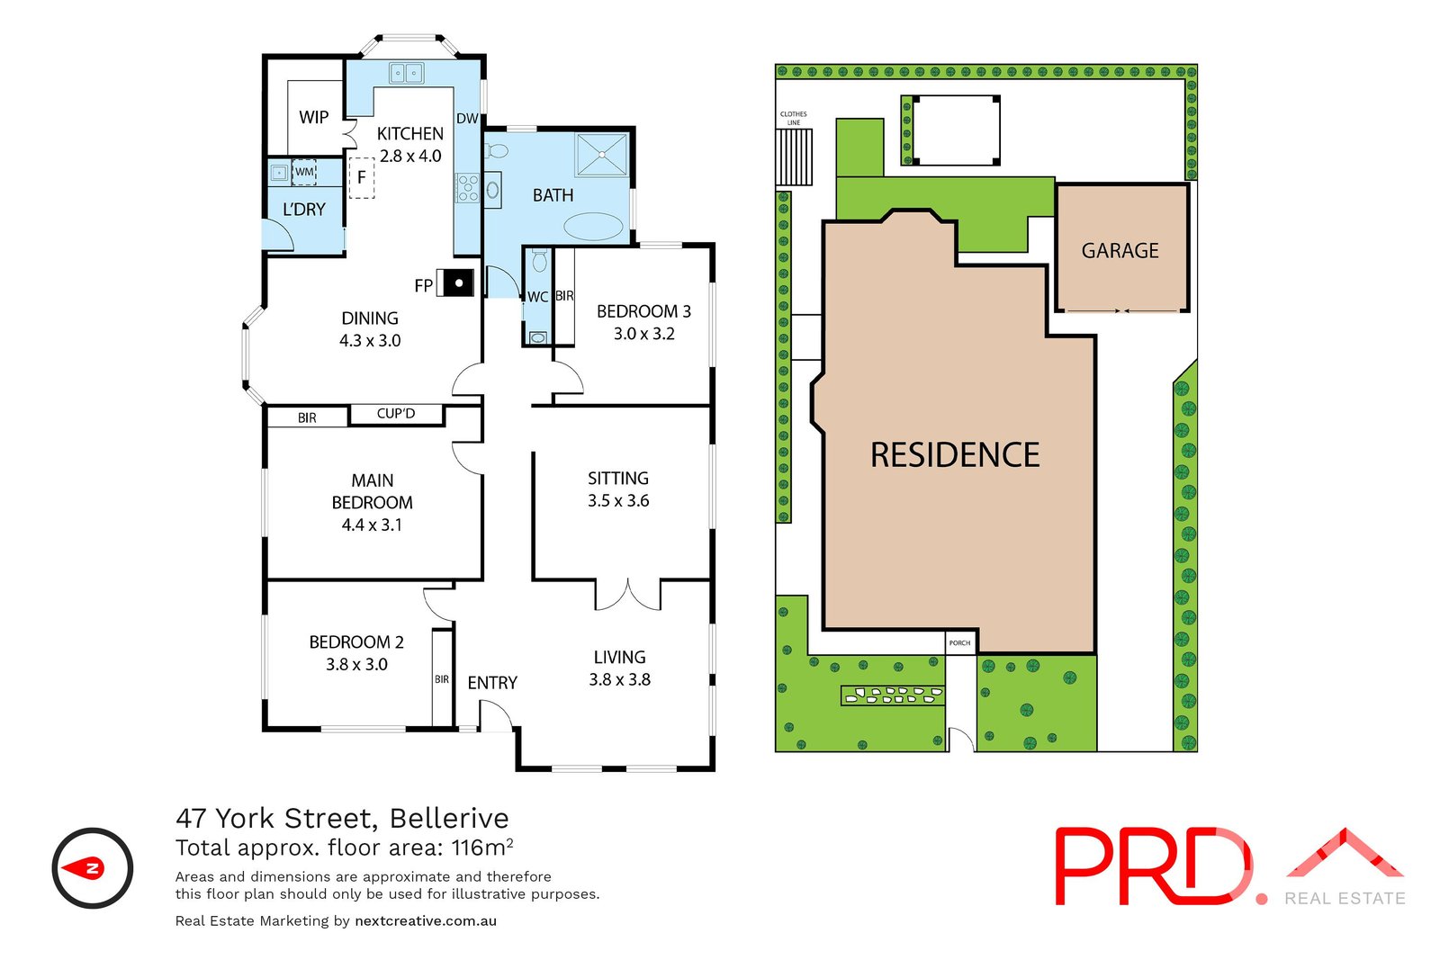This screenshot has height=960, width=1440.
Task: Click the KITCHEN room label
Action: point(409,133)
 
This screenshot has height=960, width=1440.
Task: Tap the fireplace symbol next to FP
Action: point(459,283)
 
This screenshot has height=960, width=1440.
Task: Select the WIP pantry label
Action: point(313,117)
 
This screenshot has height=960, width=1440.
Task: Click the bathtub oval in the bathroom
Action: point(591,226)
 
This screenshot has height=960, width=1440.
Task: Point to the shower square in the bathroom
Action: point(601,154)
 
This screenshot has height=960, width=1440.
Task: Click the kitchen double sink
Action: point(406,73)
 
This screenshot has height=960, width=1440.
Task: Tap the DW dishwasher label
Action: point(467,119)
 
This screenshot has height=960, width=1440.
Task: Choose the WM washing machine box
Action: point(304,172)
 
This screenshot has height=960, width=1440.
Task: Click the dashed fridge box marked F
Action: point(362,177)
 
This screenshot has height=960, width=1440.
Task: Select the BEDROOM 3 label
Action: point(643,311)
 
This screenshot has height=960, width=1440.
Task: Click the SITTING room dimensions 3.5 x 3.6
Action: point(618,501)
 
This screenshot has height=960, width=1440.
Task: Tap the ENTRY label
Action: point(492,683)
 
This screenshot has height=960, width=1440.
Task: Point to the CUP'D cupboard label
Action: point(396,414)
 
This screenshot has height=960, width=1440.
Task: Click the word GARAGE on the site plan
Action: point(1120,251)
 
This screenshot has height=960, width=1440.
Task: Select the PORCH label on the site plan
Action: point(959,642)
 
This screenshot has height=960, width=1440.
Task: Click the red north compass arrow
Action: point(91,868)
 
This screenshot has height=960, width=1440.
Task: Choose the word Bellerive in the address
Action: point(449,818)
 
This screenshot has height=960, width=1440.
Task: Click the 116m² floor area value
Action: point(482,848)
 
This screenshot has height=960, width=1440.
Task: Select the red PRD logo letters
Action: point(1152,866)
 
